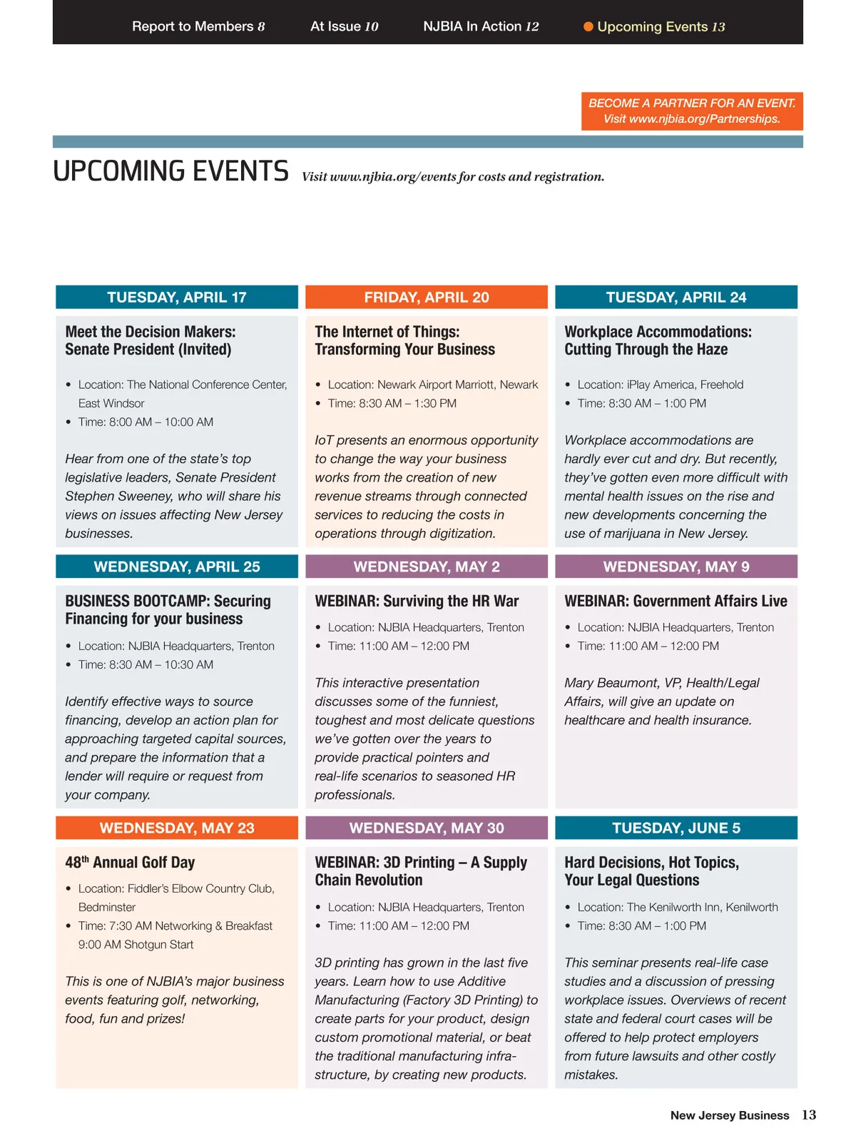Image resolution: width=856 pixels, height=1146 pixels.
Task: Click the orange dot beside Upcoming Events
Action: [x=588, y=27]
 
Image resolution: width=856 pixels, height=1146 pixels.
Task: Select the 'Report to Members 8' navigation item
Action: [x=198, y=26]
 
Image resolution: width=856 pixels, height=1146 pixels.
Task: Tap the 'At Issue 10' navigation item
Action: [x=344, y=26]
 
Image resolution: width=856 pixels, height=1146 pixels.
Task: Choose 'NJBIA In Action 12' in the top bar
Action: [x=481, y=26]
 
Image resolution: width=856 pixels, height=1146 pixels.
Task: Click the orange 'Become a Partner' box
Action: [x=691, y=111]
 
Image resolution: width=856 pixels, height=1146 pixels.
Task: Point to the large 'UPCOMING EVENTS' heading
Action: [x=171, y=172]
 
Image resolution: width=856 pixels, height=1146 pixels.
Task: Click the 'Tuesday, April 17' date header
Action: [x=177, y=298]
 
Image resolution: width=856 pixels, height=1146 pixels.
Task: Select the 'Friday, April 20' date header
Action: [x=427, y=298]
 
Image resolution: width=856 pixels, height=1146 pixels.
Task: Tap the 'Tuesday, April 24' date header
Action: [x=676, y=298]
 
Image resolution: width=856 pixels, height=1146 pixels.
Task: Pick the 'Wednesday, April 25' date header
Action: [x=177, y=567]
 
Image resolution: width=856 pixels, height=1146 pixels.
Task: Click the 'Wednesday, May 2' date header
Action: [x=427, y=567]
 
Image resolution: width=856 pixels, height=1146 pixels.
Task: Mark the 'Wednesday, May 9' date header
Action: [x=676, y=567]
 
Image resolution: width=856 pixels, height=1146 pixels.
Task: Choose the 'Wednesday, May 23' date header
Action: [x=177, y=828]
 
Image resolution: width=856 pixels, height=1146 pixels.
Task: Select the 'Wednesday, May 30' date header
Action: [x=427, y=828]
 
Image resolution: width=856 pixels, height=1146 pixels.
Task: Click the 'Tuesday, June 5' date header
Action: [x=676, y=828]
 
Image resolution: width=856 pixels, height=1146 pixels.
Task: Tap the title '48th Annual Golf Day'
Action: [x=130, y=863]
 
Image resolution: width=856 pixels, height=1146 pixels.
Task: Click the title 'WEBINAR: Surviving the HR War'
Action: [x=417, y=602]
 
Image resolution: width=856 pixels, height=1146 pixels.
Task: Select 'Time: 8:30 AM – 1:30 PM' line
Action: [x=392, y=403]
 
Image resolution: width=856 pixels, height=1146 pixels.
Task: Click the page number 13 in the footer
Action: [x=809, y=1115]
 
